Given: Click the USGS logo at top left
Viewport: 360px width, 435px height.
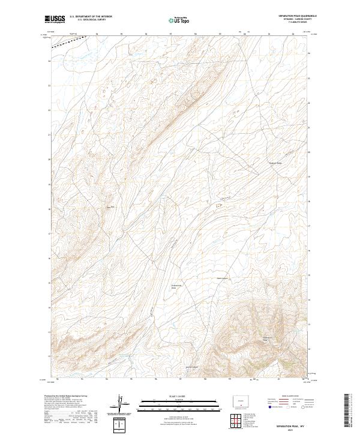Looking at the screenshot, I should (x=55, y=19).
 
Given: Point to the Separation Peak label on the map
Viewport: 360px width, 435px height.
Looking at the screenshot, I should (x=269, y=339).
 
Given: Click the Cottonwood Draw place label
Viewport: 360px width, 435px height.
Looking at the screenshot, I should (x=175, y=287).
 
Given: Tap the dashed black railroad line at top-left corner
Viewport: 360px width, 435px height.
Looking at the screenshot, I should (x=66, y=41).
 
